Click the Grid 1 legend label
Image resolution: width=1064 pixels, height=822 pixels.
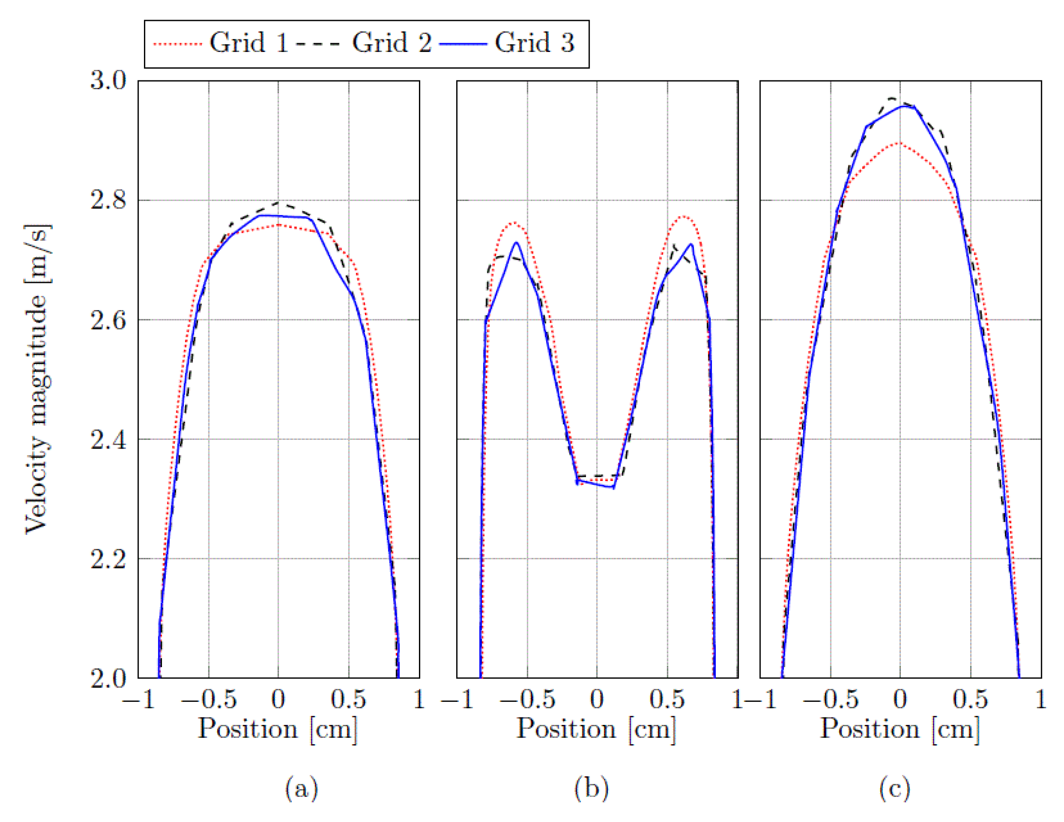249,43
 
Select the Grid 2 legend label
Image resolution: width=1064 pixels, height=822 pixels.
392,43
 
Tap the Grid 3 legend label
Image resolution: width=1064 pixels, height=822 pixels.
535,43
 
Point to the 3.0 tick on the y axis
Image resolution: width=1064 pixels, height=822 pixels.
108,80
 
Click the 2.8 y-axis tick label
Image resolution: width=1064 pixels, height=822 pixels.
108,200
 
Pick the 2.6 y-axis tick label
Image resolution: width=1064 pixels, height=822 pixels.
108,320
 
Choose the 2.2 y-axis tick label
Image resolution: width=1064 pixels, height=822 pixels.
108,558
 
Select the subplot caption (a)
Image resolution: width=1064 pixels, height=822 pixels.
301,789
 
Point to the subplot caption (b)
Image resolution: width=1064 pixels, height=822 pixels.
591,789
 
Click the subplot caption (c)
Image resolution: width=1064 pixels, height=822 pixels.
894,789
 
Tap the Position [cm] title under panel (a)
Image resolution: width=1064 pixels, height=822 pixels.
278,730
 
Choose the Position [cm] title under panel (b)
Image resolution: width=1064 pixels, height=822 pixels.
596,730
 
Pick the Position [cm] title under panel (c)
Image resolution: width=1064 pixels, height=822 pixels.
900,730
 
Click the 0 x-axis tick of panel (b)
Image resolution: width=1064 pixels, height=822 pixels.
597,700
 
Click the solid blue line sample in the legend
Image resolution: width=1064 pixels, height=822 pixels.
463,44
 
